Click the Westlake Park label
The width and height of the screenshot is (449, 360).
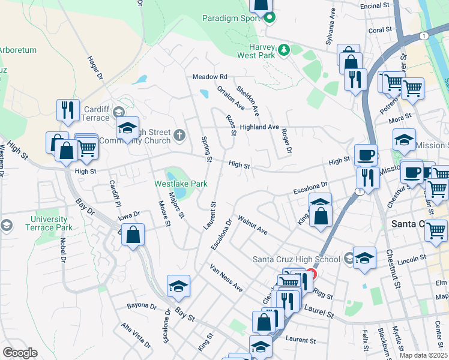(181, 183)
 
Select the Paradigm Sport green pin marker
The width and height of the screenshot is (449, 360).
(270, 17)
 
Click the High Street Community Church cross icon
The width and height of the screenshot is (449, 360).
(179, 133)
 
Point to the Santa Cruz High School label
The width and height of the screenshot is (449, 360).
(297, 259)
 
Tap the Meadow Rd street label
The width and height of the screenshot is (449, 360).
(210, 77)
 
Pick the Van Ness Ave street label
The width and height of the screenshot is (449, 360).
(226, 278)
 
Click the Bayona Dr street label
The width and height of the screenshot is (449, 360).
(142, 306)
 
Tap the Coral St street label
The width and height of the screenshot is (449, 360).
(380, 29)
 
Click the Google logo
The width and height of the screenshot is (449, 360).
(20, 353)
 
